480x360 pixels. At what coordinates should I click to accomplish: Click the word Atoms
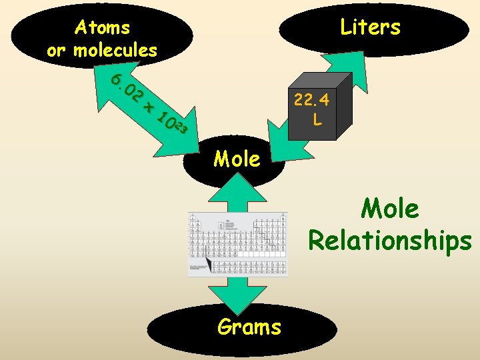click(x=102, y=27)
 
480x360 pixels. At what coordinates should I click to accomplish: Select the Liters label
click(x=370, y=27)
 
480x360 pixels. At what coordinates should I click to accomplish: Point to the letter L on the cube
click(x=317, y=121)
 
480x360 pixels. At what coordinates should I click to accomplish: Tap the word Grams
click(x=249, y=327)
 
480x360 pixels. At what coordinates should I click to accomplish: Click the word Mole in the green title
click(x=390, y=209)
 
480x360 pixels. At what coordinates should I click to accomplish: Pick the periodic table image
click(x=238, y=244)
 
